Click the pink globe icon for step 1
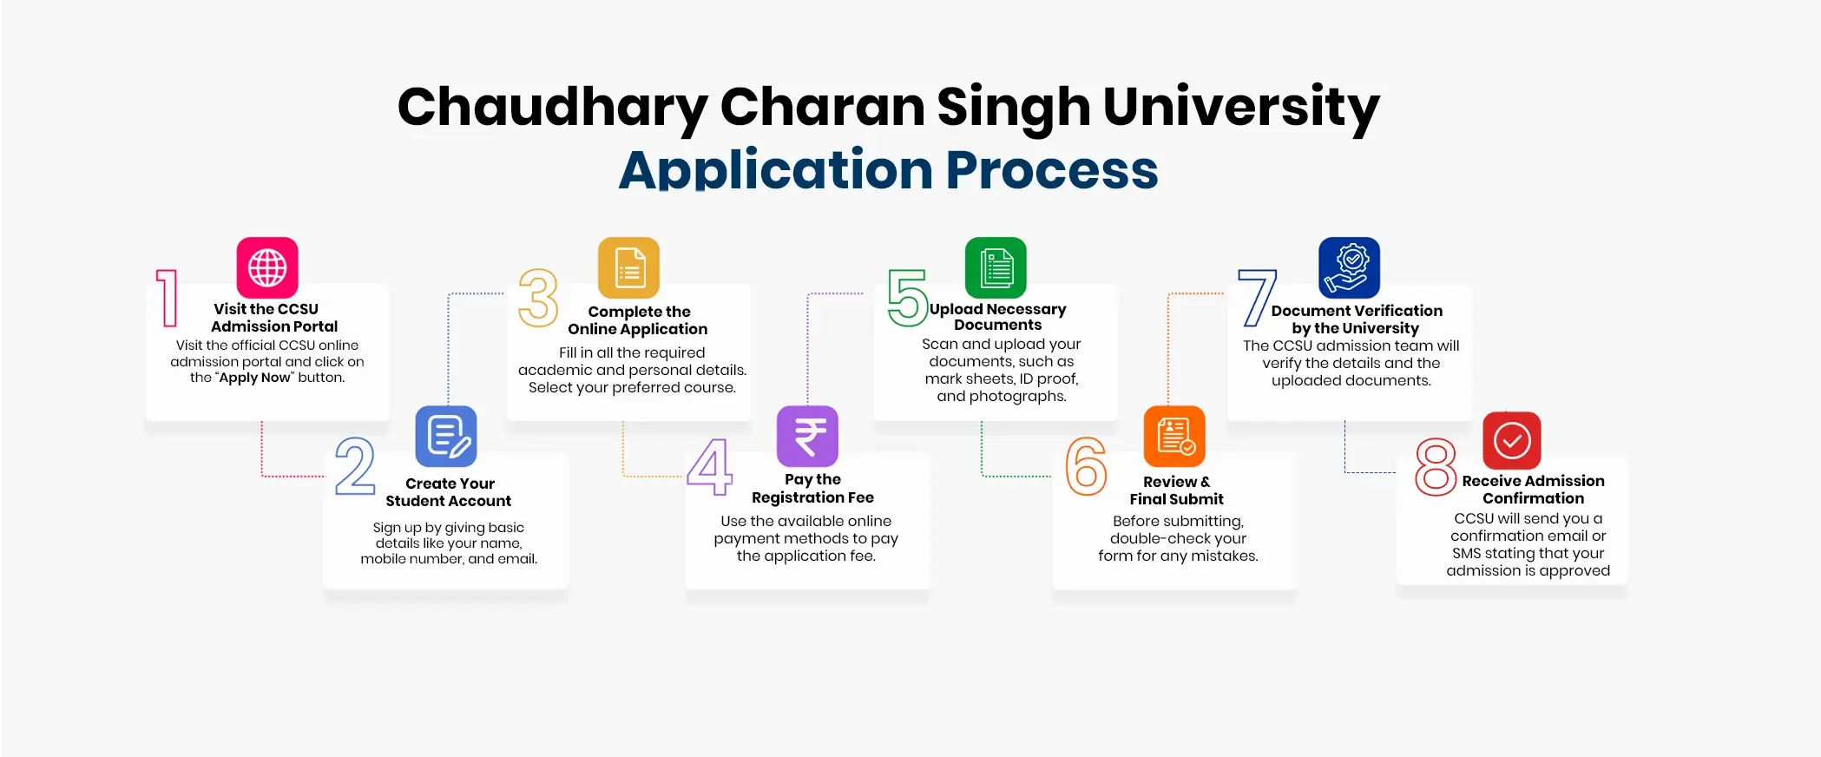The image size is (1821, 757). click(x=267, y=267)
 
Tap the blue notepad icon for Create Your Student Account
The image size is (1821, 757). click(x=446, y=436)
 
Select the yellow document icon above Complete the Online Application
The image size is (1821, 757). click(x=629, y=267)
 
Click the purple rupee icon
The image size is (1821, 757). click(x=807, y=436)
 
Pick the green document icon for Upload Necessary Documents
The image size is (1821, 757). click(x=996, y=267)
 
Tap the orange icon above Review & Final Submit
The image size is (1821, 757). click(x=1174, y=436)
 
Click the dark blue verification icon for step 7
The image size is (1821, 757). click(x=1349, y=267)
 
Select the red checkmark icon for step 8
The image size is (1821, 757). click(x=1512, y=440)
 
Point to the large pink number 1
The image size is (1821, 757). click(x=168, y=298)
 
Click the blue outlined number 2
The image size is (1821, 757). click(x=355, y=466)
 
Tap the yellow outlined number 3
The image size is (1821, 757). click(x=538, y=298)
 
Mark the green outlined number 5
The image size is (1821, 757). click(x=908, y=298)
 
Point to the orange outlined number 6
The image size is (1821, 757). click(x=1086, y=466)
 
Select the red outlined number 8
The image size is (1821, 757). click(x=1436, y=467)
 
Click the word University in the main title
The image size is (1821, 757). click(x=1241, y=108)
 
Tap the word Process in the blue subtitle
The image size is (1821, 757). click(x=1052, y=169)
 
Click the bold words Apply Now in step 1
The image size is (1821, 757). click(x=254, y=378)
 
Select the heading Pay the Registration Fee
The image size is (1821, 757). click(x=812, y=488)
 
